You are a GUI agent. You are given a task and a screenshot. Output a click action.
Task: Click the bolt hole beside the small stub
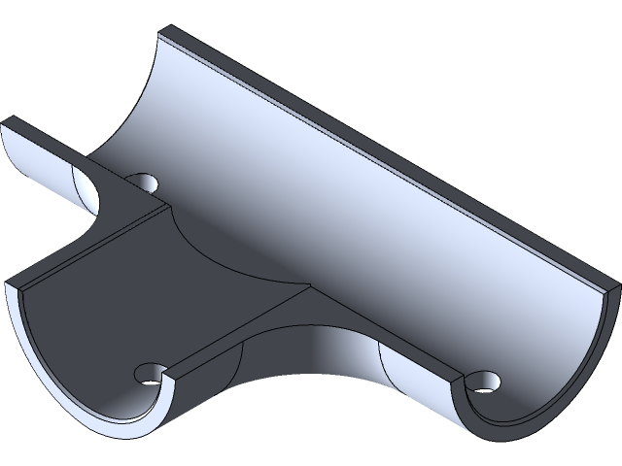point(146,182)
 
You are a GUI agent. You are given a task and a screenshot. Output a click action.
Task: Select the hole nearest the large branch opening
point(152,372)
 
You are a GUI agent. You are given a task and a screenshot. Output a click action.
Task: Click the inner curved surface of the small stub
point(39,160)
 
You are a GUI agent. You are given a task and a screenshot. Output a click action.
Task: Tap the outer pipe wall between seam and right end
point(418,383)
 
